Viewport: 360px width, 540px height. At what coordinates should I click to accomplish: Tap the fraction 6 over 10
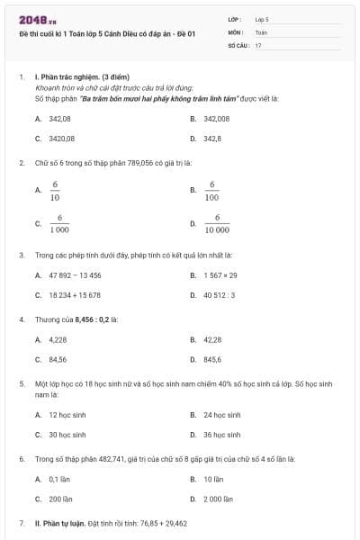[55, 190]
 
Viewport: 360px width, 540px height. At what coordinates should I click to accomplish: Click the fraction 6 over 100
[211, 190]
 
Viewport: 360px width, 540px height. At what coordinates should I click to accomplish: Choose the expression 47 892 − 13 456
[75, 274]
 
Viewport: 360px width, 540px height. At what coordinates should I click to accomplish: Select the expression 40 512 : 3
[219, 294]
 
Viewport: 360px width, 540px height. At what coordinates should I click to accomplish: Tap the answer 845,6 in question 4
[213, 359]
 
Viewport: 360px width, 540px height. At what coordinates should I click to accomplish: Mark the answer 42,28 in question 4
[212, 339]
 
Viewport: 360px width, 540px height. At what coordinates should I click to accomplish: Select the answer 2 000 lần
[219, 498]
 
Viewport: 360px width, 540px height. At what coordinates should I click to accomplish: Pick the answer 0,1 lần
[59, 479]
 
